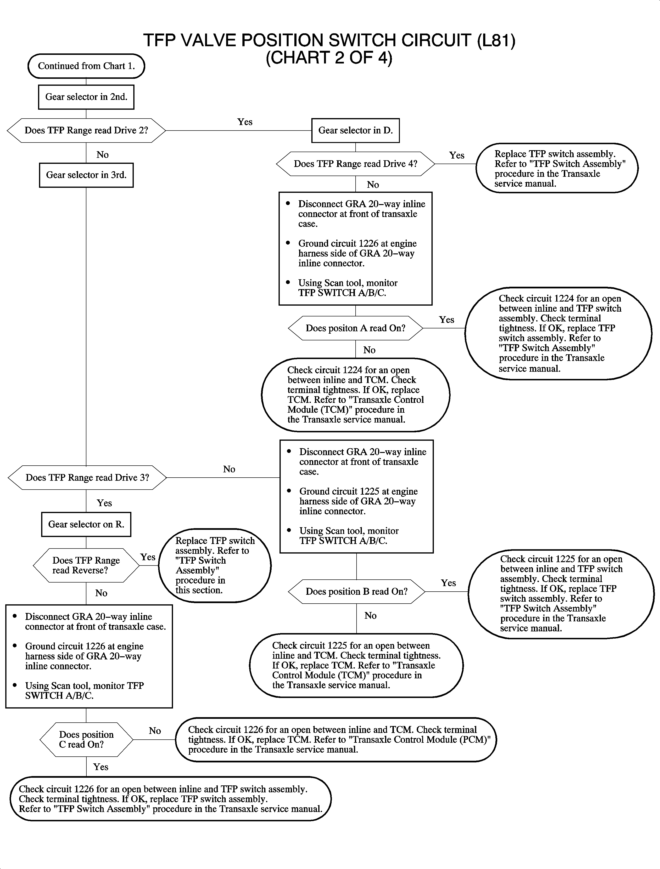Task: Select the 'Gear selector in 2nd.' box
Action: pyautogui.click(x=86, y=97)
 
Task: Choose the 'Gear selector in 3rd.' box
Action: pyautogui.click(x=86, y=175)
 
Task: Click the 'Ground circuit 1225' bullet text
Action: pyautogui.click(x=358, y=501)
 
